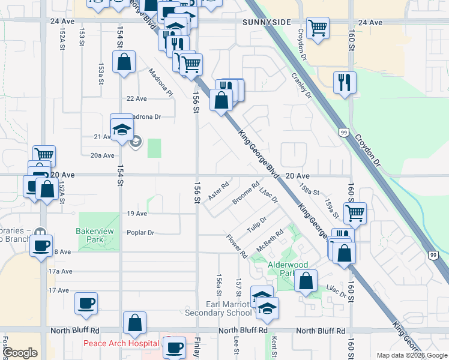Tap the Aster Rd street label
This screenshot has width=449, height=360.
(x=218, y=191)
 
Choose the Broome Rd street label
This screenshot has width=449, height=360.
(x=246, y=193)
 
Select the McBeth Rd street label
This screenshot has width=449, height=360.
(x=270, y=240)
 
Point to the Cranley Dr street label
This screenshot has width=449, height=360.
(x=301, y=85)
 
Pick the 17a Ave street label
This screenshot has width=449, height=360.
(x=60, y=271)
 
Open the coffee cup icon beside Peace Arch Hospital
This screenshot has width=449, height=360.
(x=175, y=347)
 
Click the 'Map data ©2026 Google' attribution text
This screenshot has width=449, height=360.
(x=411, y=355)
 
